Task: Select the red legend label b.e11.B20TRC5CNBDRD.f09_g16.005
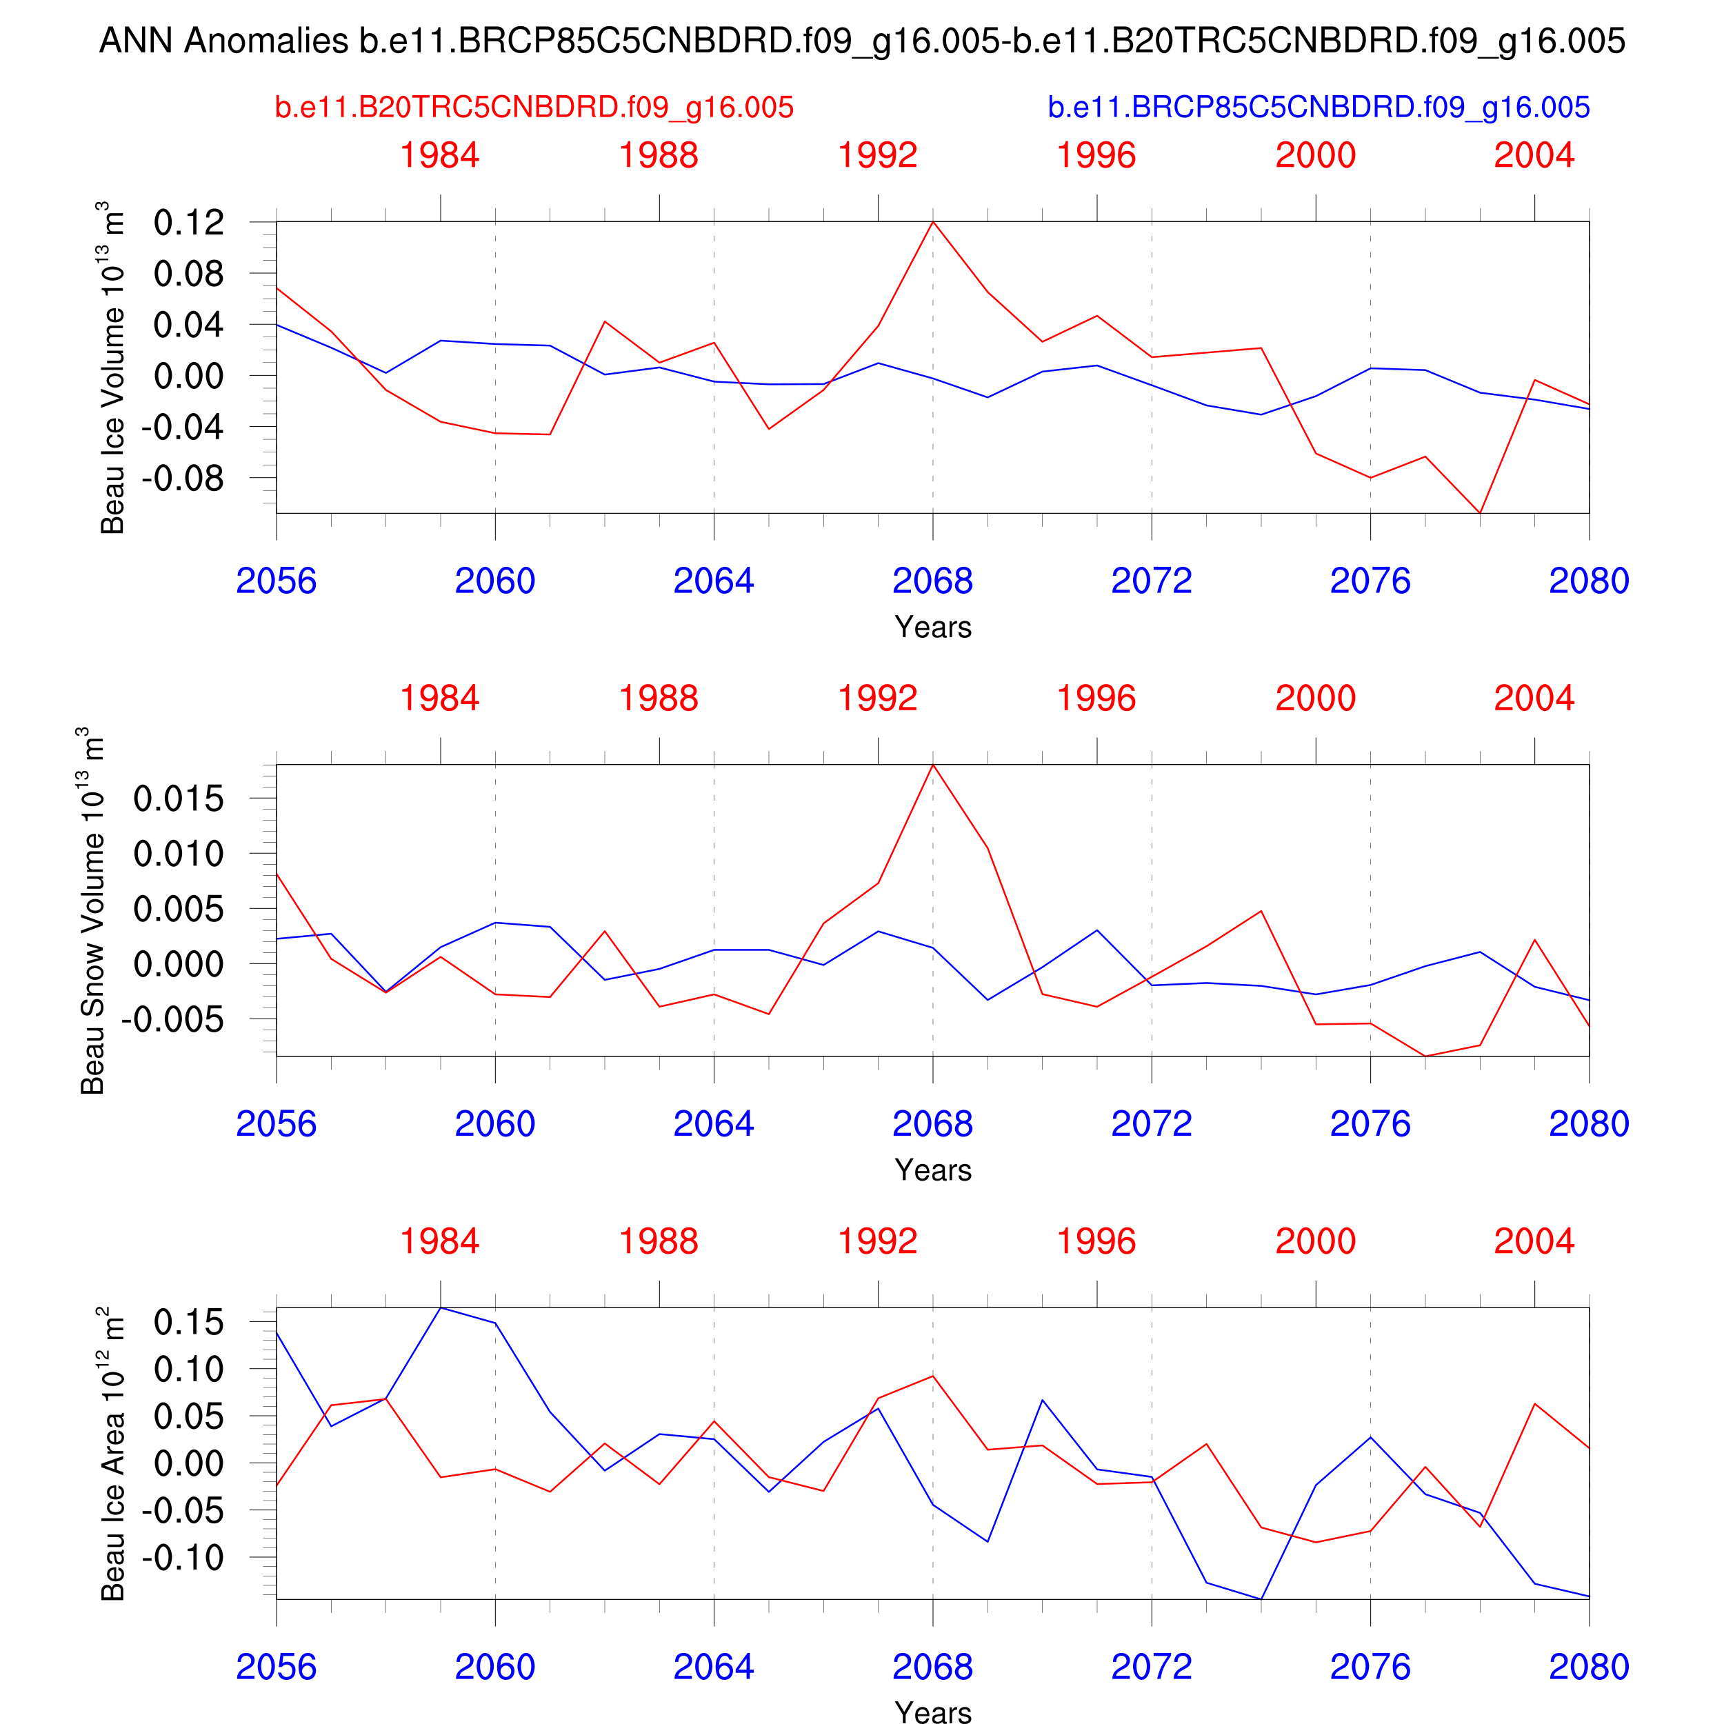click(534, 107)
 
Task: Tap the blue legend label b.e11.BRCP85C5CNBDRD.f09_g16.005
click(1318, 107)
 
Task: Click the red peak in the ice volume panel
click(934, 221)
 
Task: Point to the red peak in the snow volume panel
click(934, 765)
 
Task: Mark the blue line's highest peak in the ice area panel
click(441, 1307)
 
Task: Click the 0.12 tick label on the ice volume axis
click(188, 222)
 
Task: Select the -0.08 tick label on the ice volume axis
click(182, 479)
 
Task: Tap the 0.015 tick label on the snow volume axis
click(179, 799)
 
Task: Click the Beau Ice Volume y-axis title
click(112, 368)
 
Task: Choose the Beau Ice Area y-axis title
click(112, 1454)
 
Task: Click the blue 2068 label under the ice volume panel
click(932, 581)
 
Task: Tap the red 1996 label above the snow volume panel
click(1096, 698)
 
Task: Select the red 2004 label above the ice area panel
click(1534, 1241)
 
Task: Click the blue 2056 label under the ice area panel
click(276, 1667)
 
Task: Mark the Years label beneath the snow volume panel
click(932, 1170)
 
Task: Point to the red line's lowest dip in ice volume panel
click(1479, 513)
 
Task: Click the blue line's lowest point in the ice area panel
click(1261, 1599)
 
